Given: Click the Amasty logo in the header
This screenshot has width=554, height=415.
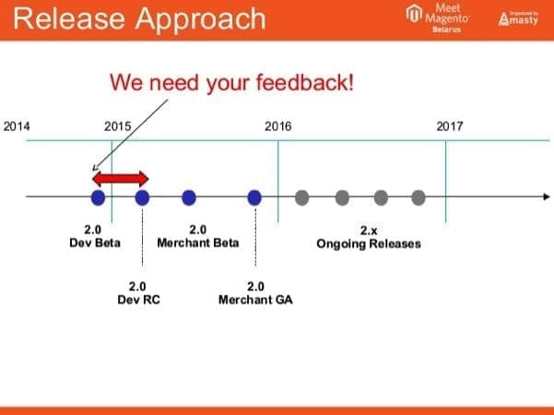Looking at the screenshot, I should tap(520, 18).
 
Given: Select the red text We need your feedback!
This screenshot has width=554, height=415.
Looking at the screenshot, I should tap(231, 82).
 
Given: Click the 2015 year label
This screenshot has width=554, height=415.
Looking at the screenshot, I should tap(117, 126).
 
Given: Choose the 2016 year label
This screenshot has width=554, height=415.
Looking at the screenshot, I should tap(277, 126).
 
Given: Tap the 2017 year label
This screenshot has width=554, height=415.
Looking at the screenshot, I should tap(450, 126).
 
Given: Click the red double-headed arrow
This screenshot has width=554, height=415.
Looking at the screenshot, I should tap(120, 177).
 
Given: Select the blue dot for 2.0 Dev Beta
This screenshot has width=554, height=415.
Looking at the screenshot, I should tap(98, 196).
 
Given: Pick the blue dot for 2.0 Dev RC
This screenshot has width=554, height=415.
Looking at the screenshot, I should tap(142, 196).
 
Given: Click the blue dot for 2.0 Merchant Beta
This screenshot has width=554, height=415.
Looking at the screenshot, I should tap(189, 196).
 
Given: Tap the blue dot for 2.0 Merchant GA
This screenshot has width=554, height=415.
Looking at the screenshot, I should tap(255, 196).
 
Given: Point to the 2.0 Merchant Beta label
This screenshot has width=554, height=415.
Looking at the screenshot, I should tap(198, 236).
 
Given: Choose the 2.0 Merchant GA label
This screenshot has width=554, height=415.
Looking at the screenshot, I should tap(255, 293).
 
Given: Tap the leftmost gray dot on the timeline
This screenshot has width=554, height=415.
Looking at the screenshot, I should tap(301, 196).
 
